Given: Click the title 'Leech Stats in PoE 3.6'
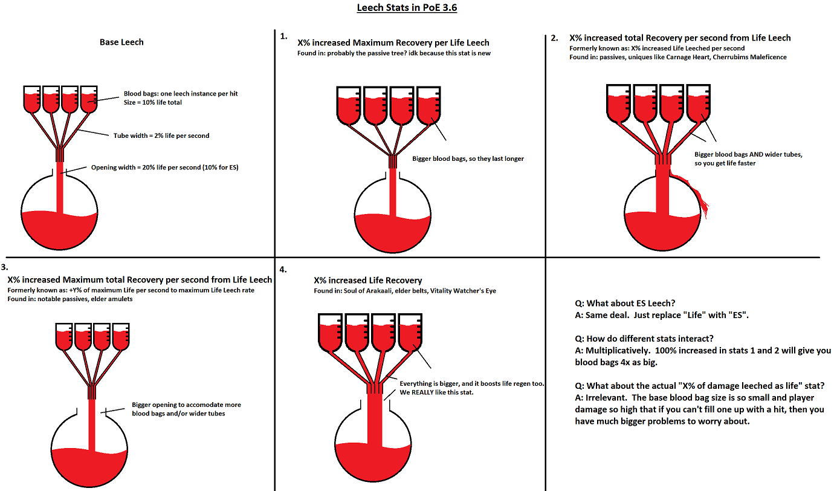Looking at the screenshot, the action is (407, 7).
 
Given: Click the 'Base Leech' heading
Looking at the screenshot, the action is (121, 42).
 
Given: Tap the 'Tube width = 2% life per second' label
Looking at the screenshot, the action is (161, 135).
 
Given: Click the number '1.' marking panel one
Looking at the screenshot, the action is (284, 36).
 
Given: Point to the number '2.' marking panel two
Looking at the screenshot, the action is (555, 38).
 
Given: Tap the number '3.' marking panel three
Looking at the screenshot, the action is (4, 267).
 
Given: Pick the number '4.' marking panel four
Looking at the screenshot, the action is (283, 270).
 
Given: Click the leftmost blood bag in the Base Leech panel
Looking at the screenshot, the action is (32, 99).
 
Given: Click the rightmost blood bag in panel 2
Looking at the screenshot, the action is (699, 103).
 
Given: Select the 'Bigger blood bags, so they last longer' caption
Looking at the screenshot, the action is (468, 158).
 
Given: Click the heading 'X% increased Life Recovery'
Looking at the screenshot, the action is (367, 281).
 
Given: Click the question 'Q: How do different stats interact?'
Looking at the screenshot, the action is (644, 339).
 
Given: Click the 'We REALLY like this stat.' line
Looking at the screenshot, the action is (436, 392).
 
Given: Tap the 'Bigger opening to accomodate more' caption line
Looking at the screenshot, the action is (187, 405).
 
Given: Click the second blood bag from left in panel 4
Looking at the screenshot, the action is (357, 333).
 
